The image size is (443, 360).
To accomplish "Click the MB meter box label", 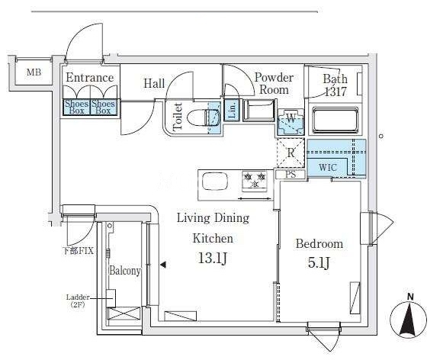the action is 34,72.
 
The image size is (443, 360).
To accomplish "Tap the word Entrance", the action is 90,78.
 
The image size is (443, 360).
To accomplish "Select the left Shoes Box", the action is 76,107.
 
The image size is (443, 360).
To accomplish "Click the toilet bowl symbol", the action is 204,117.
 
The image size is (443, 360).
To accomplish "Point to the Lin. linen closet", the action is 232,110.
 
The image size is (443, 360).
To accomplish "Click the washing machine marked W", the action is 291,122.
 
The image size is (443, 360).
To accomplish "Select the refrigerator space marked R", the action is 291,153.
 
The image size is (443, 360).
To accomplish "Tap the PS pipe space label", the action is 291,175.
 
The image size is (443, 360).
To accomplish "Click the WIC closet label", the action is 328,167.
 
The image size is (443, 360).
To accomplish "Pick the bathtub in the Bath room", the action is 335,121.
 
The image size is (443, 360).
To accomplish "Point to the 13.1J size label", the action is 213,258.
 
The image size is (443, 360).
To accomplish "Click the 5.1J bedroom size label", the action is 319,263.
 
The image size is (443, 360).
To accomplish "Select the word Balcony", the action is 125,271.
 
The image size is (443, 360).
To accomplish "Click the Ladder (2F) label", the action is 78,301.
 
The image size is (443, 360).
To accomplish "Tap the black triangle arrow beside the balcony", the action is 163,265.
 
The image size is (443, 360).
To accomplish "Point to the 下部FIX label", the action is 79,251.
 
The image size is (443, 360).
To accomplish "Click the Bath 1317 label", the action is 335,85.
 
